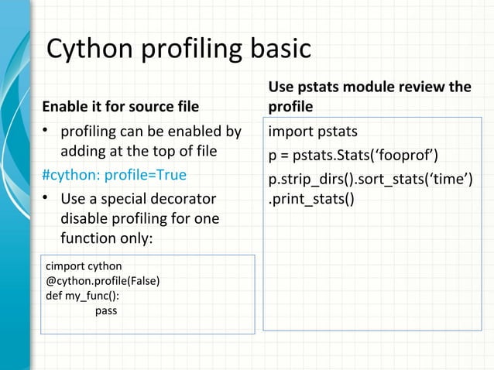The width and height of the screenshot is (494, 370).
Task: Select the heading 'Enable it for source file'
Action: pyautogui.click(x=120, y=105)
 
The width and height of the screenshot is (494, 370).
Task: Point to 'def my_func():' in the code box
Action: pyautogui.click(x=83, y=295)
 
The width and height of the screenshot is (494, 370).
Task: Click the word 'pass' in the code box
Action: pyautogui.click(x=106, y=310)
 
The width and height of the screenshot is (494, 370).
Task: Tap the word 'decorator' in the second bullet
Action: pyautogui.click(x=185, y=199)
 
